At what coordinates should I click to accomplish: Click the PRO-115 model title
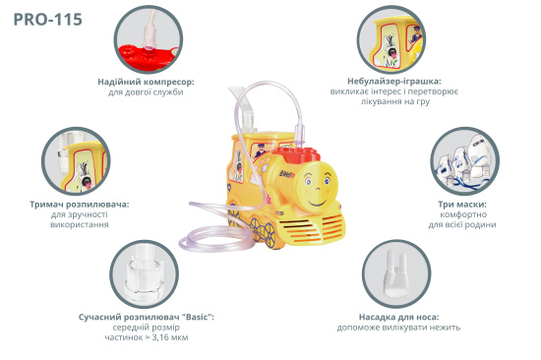48,20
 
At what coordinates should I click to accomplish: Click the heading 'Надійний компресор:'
146,82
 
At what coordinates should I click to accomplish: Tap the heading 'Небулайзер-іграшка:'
394,82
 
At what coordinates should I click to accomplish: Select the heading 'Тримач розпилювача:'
80,205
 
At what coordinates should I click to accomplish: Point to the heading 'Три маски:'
462,205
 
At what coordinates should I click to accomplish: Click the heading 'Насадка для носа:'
398,317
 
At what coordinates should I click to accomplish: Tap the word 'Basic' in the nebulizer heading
198,317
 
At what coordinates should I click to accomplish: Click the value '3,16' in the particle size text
161,337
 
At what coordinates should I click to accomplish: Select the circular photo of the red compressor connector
149,39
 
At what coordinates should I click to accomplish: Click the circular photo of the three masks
464,161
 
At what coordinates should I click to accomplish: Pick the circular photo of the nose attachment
396,273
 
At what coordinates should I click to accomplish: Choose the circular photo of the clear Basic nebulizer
145,274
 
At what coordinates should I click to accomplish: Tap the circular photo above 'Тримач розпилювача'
76,161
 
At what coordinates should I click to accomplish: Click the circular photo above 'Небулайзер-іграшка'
391,39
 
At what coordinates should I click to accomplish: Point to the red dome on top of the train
298,155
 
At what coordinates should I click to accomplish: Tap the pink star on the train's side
268,199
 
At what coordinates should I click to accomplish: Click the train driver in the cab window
261,150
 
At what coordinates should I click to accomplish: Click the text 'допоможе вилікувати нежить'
398,328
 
